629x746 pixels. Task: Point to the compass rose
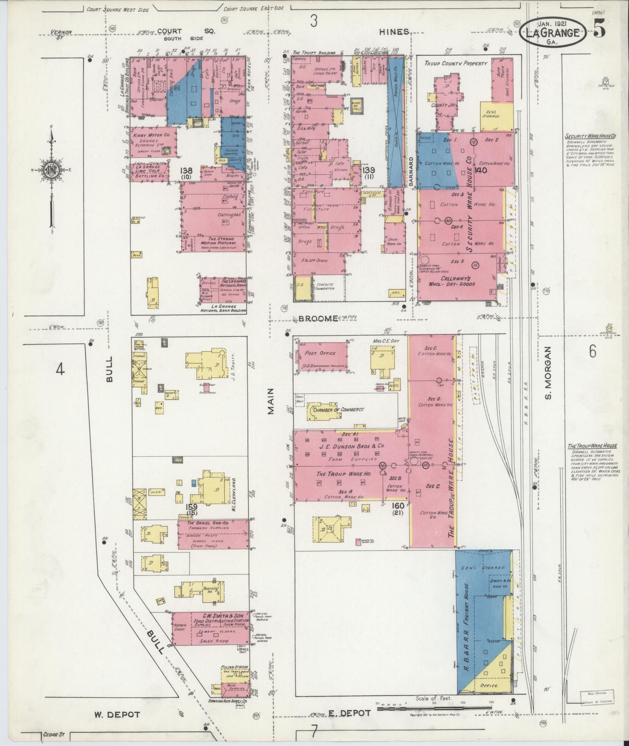click(51, 169)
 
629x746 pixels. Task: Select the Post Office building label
click(321, 353)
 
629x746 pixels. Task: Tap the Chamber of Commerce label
click(338, 409)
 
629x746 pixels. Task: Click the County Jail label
click(443, 105)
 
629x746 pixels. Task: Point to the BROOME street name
click(318, 319)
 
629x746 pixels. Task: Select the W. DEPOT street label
click(117, 714)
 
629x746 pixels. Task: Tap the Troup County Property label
click(456, 63)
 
